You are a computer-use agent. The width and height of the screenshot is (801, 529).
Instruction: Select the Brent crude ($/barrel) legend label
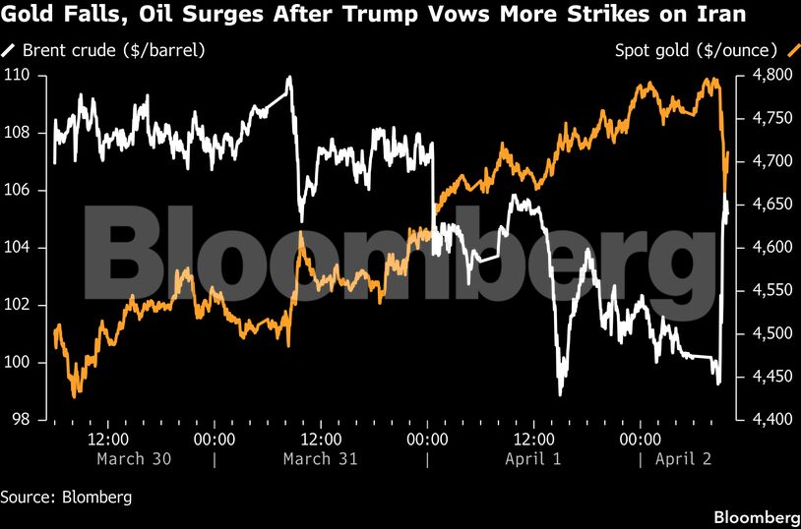(115, 49)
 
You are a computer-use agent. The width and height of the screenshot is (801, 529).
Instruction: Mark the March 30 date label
(134, 459)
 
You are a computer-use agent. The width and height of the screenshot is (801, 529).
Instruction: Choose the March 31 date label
(320, 459)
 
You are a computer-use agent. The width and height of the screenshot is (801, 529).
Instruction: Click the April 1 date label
(532, 459)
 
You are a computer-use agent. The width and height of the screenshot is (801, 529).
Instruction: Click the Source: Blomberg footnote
(66, 497)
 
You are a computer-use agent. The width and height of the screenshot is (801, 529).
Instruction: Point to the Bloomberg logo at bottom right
(756, 517)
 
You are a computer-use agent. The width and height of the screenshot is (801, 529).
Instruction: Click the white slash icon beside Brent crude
(9, 49)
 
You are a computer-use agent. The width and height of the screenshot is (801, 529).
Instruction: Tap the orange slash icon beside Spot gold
(792, 49)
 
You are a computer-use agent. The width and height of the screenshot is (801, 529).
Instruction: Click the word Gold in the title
(26, 16)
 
